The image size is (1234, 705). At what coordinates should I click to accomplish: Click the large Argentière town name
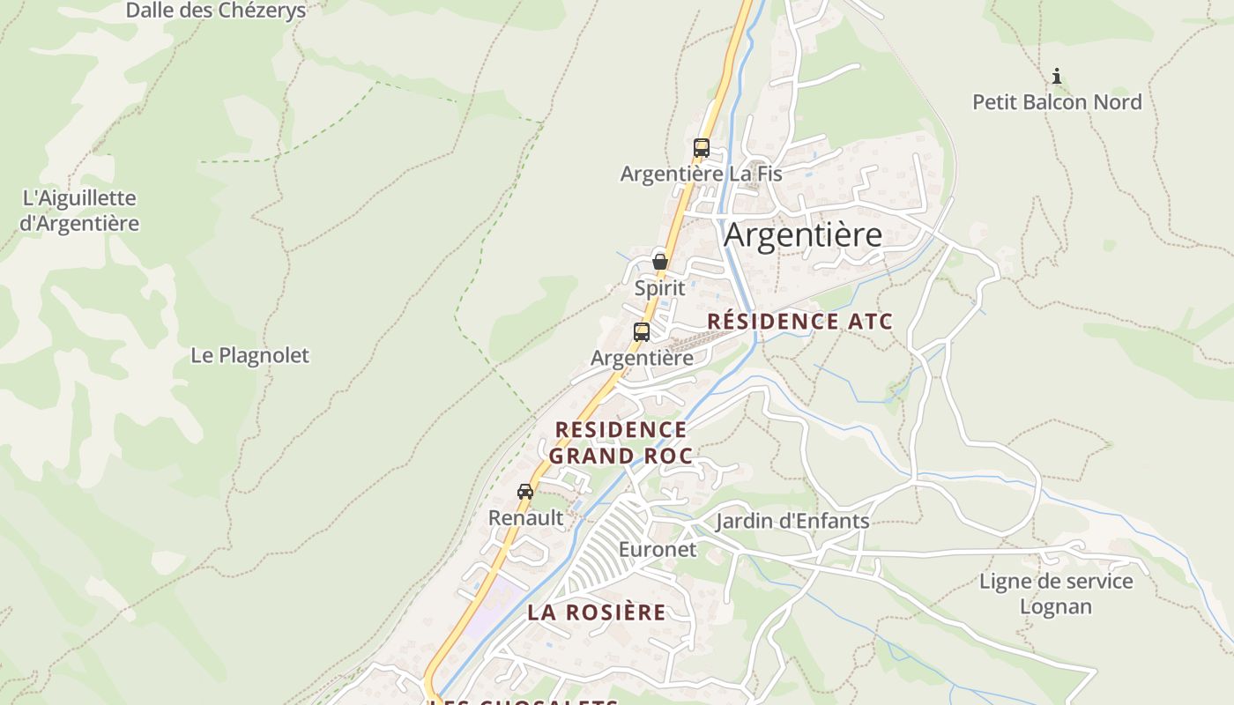point(803,235)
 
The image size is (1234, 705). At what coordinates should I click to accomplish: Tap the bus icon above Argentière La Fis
point(702,148)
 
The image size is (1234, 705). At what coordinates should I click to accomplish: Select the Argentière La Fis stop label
point(701,174)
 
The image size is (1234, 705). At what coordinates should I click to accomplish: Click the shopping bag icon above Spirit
point(659,262)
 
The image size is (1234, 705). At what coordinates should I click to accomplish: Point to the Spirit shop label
point(659,288)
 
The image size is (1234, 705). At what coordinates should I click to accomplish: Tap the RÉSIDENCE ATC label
point(799,321)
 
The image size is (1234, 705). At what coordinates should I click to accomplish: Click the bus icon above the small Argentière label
point(642,332)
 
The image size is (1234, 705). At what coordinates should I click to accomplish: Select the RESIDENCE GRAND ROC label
point(621,442)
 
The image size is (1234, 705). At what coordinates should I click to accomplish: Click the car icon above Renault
point(525,492)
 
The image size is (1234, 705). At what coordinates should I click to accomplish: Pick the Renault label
point(525,518)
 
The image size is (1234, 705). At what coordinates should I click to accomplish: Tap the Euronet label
point(658,550)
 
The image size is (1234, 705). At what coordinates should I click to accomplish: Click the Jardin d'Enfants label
point(792,522)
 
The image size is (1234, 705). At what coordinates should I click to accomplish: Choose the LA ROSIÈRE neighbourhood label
point(597,612)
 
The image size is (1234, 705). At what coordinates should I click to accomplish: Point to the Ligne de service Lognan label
point(1056,594)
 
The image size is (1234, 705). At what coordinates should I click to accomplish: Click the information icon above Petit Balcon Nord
point(1057,77)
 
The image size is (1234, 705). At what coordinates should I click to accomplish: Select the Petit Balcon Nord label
point(1057,102)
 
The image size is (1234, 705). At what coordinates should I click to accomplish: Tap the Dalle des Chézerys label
point(216,11)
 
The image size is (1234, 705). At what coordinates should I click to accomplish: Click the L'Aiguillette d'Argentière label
point(79,211)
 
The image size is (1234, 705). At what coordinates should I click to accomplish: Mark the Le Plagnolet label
point(250,355)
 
